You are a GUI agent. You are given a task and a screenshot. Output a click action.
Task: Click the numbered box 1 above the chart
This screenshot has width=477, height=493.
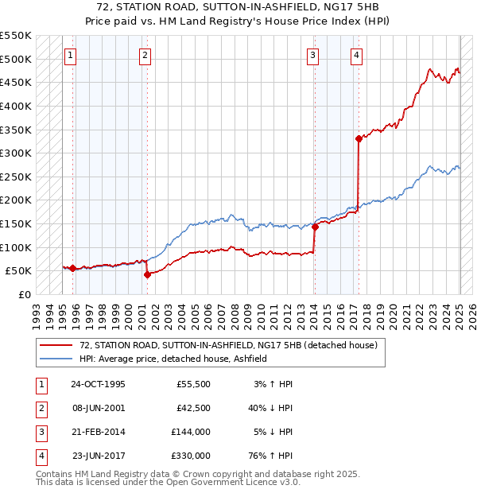[x=72, y=55]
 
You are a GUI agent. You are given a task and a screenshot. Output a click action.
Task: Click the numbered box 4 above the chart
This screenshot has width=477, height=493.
[x=357, y=55]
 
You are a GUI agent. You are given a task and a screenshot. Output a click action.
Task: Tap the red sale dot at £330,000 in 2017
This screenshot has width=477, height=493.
[x=359, y=138]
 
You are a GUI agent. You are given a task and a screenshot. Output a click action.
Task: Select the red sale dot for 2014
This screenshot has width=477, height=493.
[x=315, y=227]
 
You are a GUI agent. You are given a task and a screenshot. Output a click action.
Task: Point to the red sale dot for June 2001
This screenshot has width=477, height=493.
[x=147, y=274]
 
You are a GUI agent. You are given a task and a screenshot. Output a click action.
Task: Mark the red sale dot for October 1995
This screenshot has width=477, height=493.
[x=72, y=268]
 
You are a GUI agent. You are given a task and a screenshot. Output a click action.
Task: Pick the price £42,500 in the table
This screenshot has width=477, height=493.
[x=192, y=407]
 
